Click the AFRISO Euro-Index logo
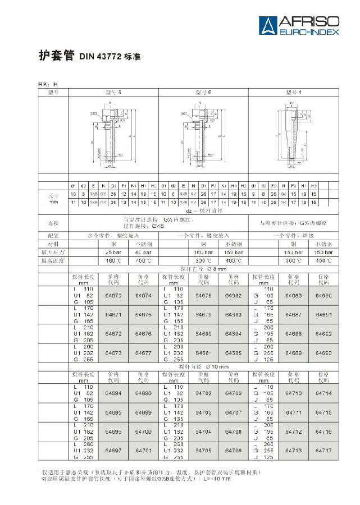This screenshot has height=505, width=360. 299,25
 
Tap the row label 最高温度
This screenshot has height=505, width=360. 53,260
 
